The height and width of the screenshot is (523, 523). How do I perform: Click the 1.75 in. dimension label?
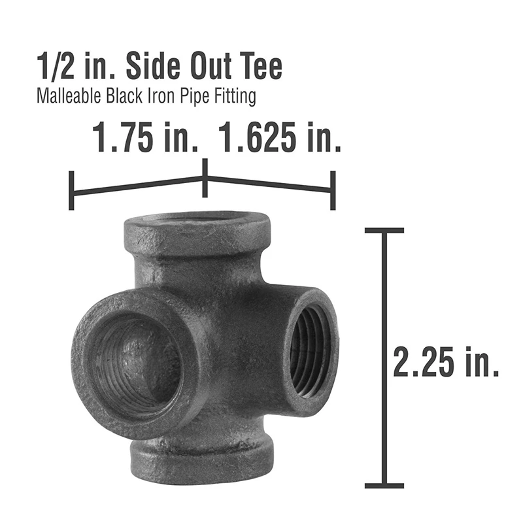(x=145, y=137)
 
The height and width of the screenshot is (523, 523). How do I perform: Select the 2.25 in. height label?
(x=447, y=362)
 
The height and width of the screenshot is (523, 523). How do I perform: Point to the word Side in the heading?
(x=154, y=66)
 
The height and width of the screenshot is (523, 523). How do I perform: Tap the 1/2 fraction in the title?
(x=56, y=66)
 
